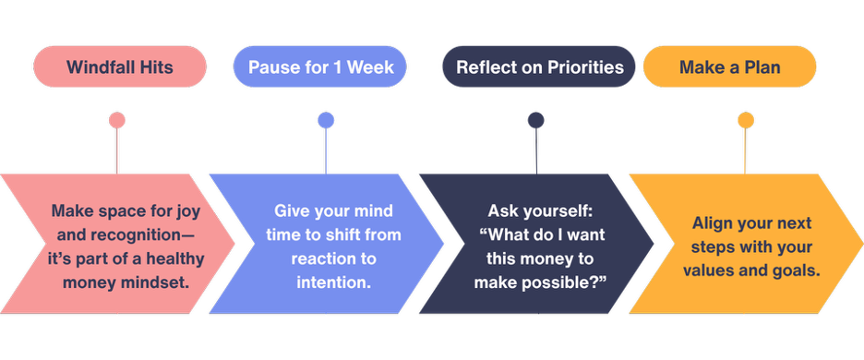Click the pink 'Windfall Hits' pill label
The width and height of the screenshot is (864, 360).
point(120,67)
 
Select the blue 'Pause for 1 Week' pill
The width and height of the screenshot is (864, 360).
point(327,67)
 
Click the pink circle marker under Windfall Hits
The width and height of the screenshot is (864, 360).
point(116,120)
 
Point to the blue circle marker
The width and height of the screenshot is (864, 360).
point(326,120)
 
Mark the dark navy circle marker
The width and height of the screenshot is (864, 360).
point(536,120)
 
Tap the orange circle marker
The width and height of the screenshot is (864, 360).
point(745,120)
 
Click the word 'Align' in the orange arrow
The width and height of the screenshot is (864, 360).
point(713,223)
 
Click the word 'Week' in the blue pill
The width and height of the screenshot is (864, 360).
point(373,67)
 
